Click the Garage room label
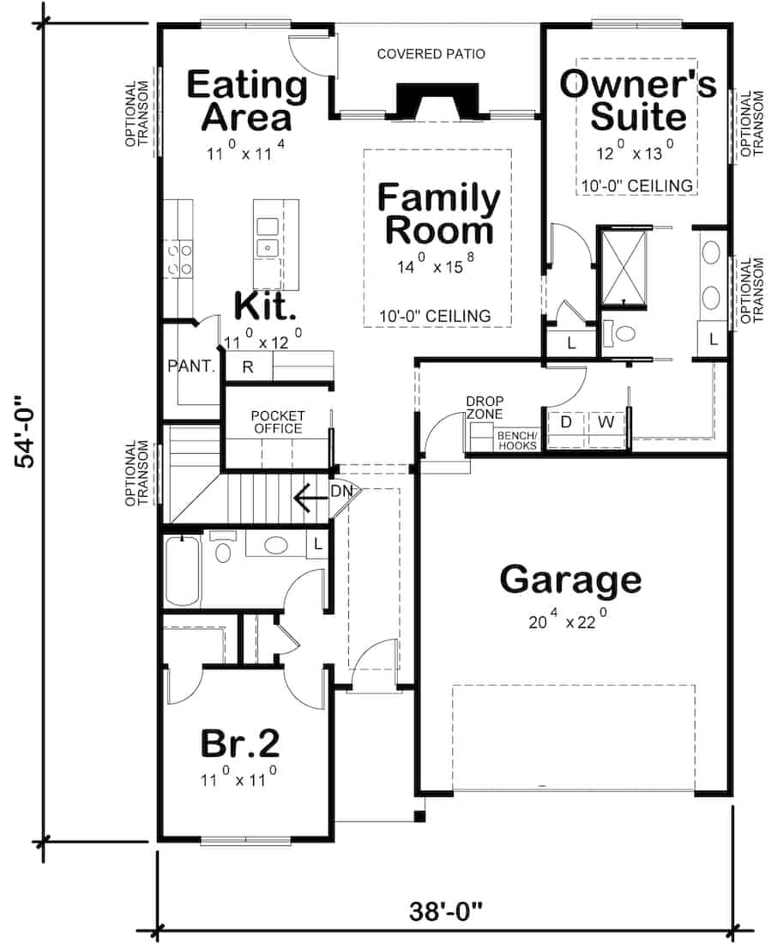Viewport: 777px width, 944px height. point(570,580)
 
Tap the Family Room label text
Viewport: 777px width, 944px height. point(439,215)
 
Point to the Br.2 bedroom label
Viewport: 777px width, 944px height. point(241,743)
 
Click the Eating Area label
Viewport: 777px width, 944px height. point(246,101)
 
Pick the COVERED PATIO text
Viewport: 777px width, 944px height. point(431,54)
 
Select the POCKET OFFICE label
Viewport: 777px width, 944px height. point(277,422)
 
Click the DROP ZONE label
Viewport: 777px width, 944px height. point(485,408)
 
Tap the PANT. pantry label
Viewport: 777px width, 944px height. point(190,366)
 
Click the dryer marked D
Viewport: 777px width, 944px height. point(566,422)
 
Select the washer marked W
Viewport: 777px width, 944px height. point(605,422)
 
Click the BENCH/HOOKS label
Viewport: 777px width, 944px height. point(517,440)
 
